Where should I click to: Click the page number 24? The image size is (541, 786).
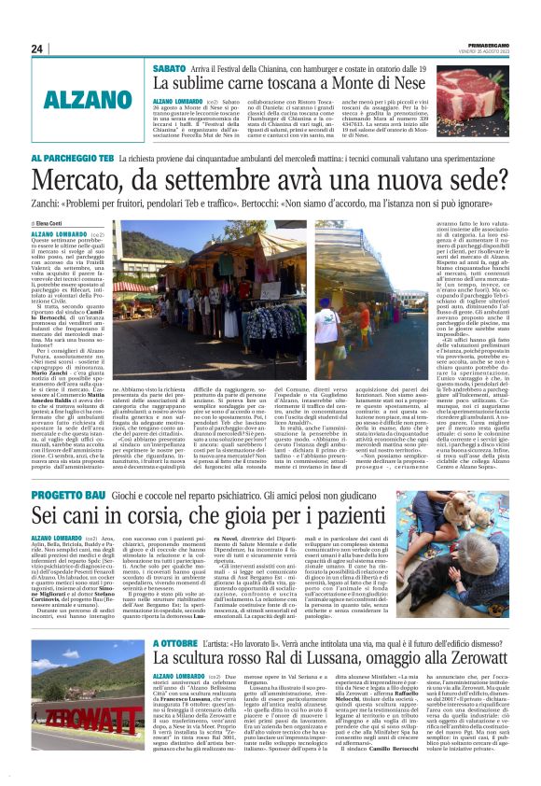(37, 49)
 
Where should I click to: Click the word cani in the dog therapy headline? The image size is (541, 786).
(95, 512)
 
